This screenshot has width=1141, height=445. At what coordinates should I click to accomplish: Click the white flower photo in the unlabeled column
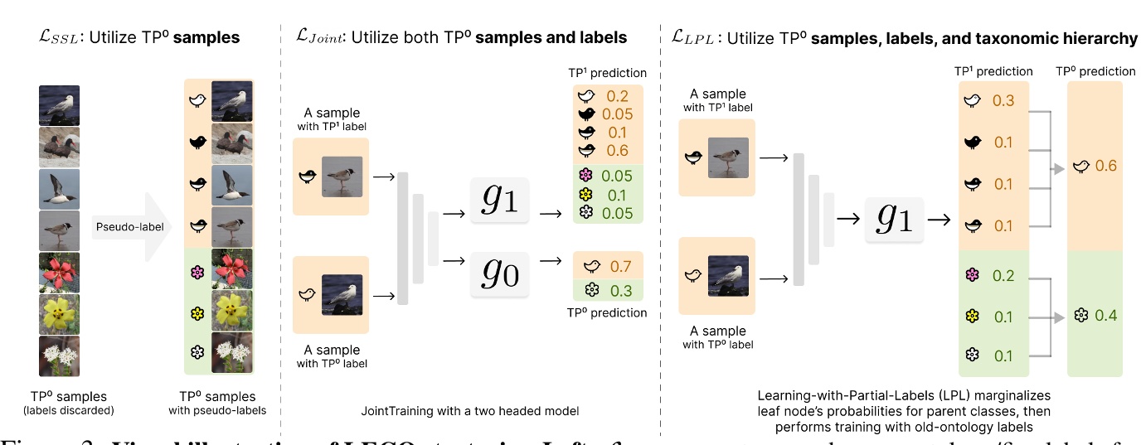[x=59, y=355]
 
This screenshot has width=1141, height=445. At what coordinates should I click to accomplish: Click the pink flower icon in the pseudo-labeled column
[x=197, y=270]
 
